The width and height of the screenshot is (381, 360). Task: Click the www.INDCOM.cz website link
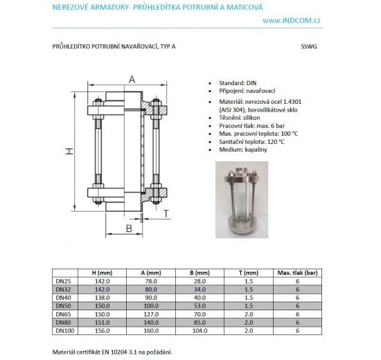tap(292, 21)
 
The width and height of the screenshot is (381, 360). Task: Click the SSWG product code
tap(309, 46)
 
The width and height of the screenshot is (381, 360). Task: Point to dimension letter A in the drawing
tap(132, 79)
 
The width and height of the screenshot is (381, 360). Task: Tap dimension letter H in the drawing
tap(69, 152)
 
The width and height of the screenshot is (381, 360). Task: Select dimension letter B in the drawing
tap(129, 228)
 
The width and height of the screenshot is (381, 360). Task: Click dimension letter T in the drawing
tap(166, 213)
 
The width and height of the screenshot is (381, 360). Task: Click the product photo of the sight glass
tap(242, 199)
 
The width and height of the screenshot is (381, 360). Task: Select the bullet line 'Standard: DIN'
tap(238, 83)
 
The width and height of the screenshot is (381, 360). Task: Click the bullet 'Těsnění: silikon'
tap(240, 118)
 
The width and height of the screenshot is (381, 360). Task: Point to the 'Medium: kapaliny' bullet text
tap(243, 150)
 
